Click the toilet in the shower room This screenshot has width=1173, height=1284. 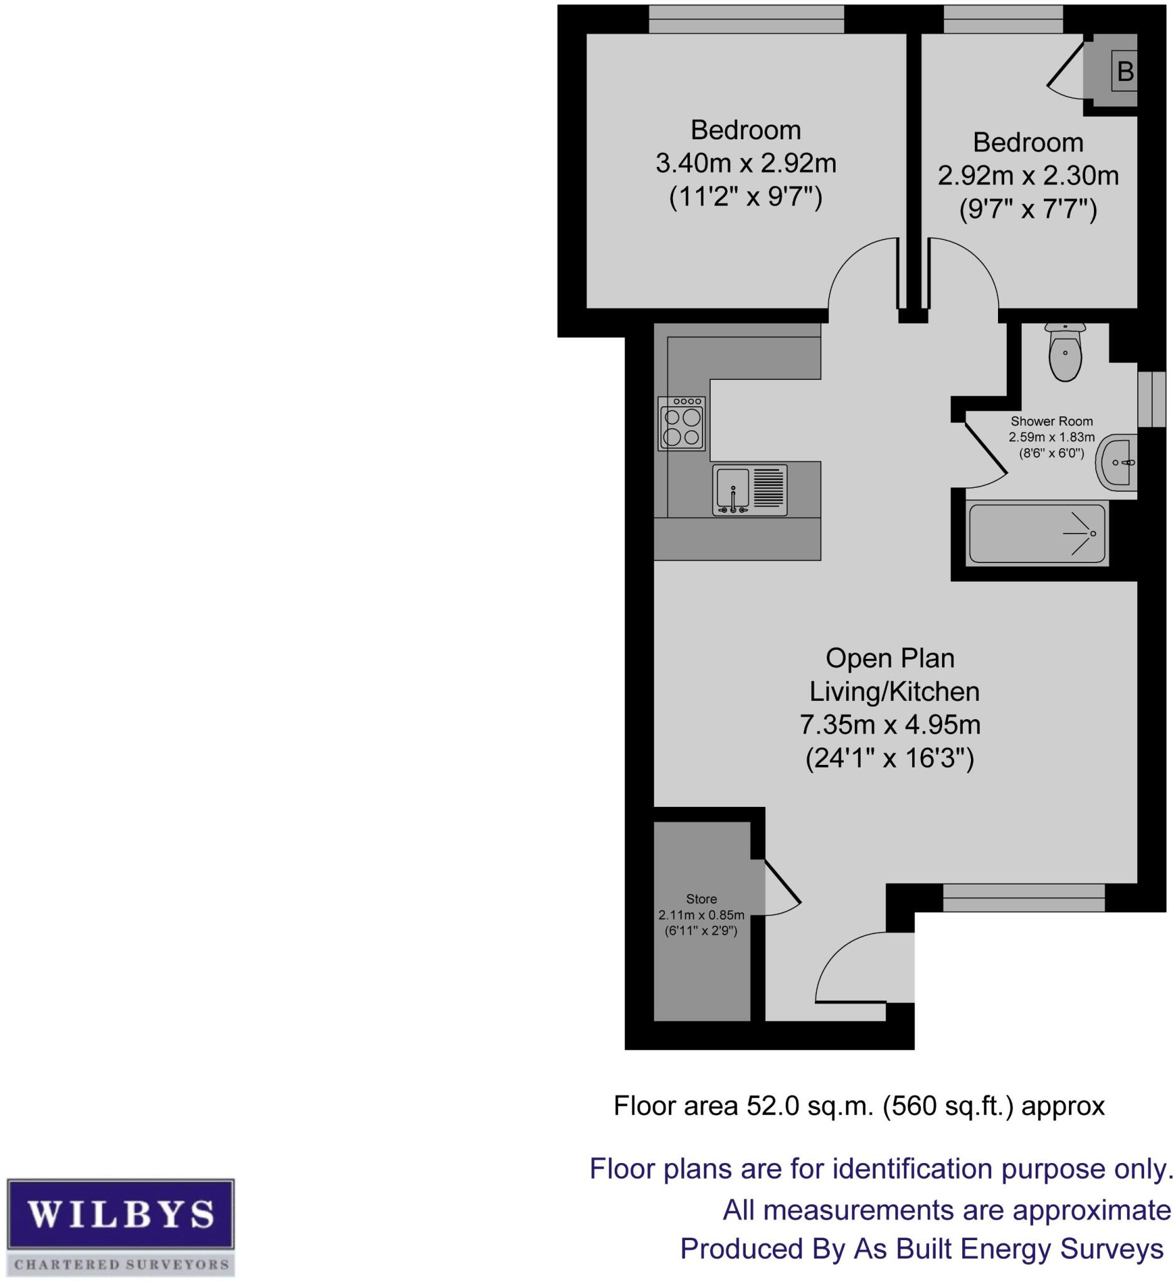(1064, 354)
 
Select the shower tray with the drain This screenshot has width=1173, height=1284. (1037, 533)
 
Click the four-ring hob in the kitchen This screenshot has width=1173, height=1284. (682, 423)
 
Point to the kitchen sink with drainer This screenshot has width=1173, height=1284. (750, 490)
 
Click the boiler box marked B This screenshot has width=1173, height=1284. (1125, 71)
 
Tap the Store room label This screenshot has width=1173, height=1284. (701, 898)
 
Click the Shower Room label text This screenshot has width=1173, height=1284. (1051, 421)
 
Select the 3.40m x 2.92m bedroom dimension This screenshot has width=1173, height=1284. (745, 164)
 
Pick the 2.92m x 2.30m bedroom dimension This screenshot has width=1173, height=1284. (1027, 176)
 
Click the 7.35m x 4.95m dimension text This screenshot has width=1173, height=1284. (889, 725)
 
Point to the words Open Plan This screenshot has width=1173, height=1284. (889, 658)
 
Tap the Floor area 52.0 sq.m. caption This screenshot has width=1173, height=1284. (858, 1106)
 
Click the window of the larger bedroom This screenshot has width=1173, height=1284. (746, 19)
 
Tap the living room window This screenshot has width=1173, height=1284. (1023, 898)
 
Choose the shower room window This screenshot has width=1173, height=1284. (1150, 399)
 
